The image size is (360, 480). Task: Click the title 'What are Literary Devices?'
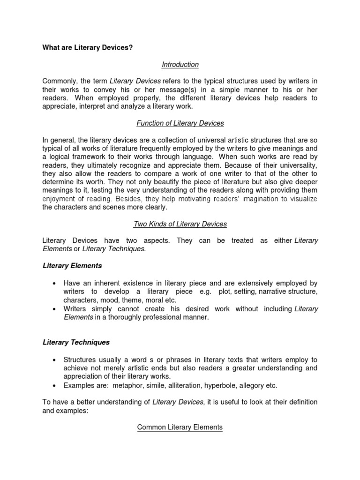coord(88,48)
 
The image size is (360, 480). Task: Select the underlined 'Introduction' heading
coord(180,64)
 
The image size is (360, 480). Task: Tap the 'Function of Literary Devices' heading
coord(180,123)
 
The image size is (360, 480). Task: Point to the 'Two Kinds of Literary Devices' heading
coord(180,224)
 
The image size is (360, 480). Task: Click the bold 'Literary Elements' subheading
coord(72,266)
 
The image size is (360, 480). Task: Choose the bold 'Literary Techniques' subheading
coord(76,343)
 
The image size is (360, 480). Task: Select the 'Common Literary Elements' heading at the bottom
coord(180,427)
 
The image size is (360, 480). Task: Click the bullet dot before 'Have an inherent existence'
coord(55,284)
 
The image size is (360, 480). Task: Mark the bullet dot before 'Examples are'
coord(55,385)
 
